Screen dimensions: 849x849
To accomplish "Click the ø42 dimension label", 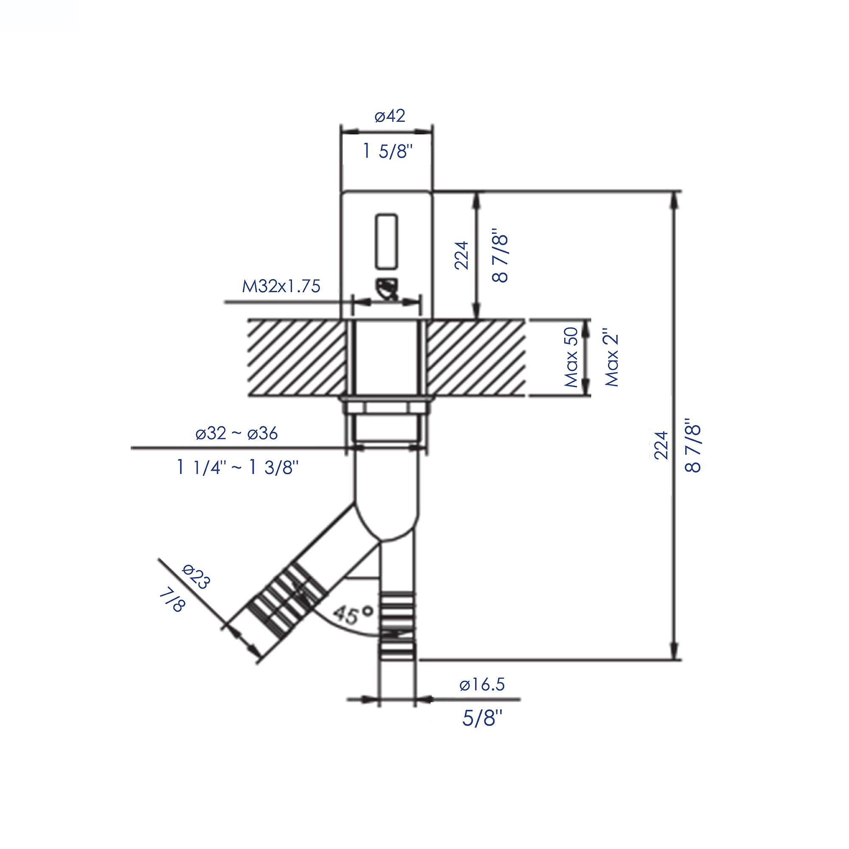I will [x=389, y=116].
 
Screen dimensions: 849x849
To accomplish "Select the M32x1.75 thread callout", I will [x=281, y=287].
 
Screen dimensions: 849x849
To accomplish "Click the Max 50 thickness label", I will [x=573, y=357].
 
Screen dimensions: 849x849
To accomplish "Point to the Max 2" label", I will [x=612, y=357].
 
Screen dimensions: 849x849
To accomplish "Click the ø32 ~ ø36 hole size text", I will [x=237, y=434].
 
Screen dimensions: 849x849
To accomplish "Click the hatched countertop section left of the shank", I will [x=297, y=357].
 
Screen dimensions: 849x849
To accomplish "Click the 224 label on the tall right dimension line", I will [x=661, y=445].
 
